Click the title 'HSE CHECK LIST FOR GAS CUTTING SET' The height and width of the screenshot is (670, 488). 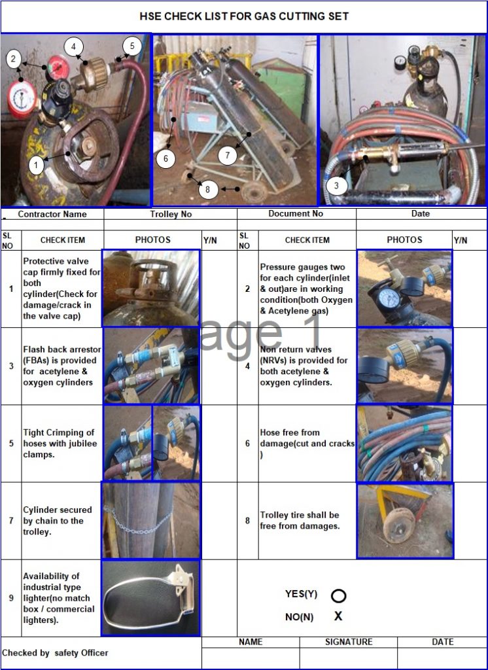[x=244, y=16]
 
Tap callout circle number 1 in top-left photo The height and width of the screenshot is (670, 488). [x=37, y=166]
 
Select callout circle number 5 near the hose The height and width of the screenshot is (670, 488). [x=131, y=46]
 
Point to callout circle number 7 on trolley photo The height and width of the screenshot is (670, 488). [x=227, y=156]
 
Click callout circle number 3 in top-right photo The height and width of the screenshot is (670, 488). [x=336, y=186]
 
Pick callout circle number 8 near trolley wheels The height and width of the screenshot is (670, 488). [x=207, y=189]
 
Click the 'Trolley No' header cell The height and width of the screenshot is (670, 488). [x=170, y=214]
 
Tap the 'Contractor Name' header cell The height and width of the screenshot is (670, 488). [x=52, y=214]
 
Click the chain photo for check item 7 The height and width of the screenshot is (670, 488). [x=150, y=521]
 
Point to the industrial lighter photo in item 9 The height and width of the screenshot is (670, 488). [x=150, y=598]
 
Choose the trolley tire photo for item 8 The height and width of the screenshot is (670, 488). [x=404, y=521]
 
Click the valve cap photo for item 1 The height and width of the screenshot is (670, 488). [x=150, y=288]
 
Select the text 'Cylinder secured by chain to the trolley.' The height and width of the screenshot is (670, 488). [x=54, y=521]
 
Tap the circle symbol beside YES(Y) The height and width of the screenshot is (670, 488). [x=339, y=595]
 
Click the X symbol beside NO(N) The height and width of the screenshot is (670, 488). [x=338, y=616]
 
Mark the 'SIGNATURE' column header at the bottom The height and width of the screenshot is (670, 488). [x=348, y=642]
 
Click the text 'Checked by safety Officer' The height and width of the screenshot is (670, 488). [x=55, y=652]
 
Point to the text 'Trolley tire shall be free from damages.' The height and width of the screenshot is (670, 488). [x=300, y=521]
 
